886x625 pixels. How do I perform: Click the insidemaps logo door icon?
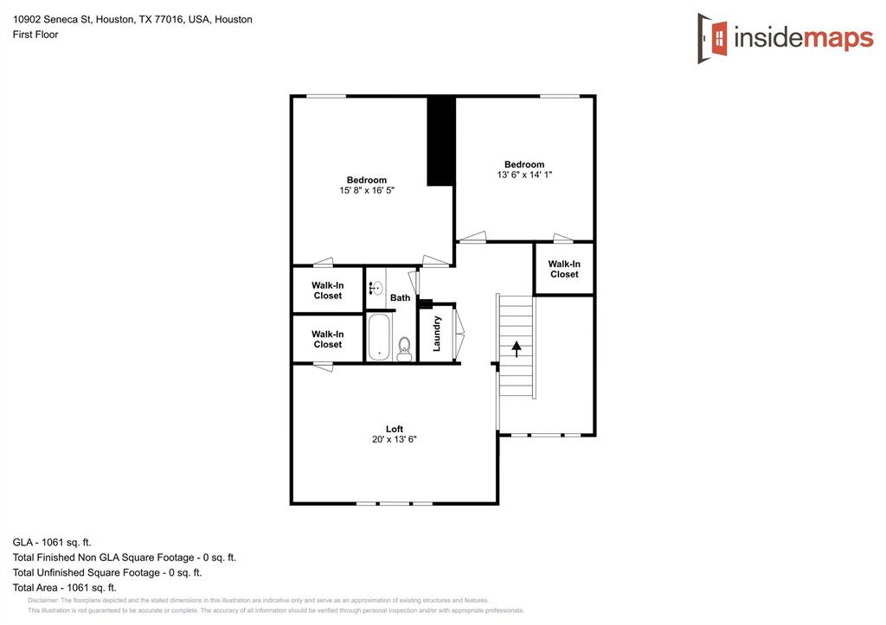[x=713, y=38]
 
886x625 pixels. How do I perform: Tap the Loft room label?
[x=394, y=429]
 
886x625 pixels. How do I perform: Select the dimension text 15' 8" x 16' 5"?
[x=367, y=190]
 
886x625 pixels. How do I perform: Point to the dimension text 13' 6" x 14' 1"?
[x=524, y=175]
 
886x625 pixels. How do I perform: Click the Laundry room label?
[x=438, y=333]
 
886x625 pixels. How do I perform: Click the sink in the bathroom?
[x=376, y=289]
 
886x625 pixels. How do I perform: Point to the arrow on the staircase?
[x=517, y=348]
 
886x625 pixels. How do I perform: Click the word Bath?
[x=400, y=298]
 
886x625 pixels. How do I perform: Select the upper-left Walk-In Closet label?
[x=327, y=290]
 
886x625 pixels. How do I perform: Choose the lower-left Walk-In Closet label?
[x=327, y=339]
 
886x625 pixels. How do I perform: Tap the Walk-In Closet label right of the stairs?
[x=564, y=269]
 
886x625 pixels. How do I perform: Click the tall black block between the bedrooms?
[x=441, y=140]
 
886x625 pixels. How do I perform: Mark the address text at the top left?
[x=132, y=19]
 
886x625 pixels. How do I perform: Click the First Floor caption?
[x=35, y=35]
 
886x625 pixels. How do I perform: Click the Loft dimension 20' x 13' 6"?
[x=394, y=439]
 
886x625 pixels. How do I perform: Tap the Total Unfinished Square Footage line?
[x=107, y=572]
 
